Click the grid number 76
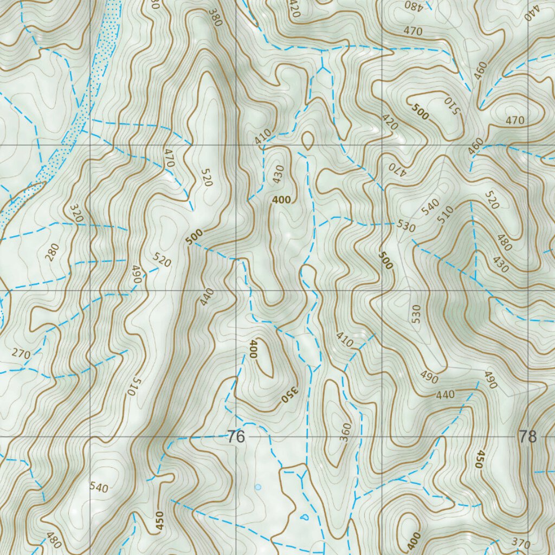coord(236,436)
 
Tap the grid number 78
coord(527,436)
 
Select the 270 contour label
coord(21,354)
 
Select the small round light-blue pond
coord(258,487)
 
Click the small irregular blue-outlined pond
coord(303,517)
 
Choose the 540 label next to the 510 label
coord(430,207)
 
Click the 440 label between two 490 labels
coord(445,395)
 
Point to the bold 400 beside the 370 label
coord(414,539)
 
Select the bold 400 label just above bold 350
coord(253,349)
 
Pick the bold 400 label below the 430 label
coord(281,200)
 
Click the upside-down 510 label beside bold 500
coord(451,106)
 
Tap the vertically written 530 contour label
coord(416,314)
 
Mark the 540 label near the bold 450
coord(99,487)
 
